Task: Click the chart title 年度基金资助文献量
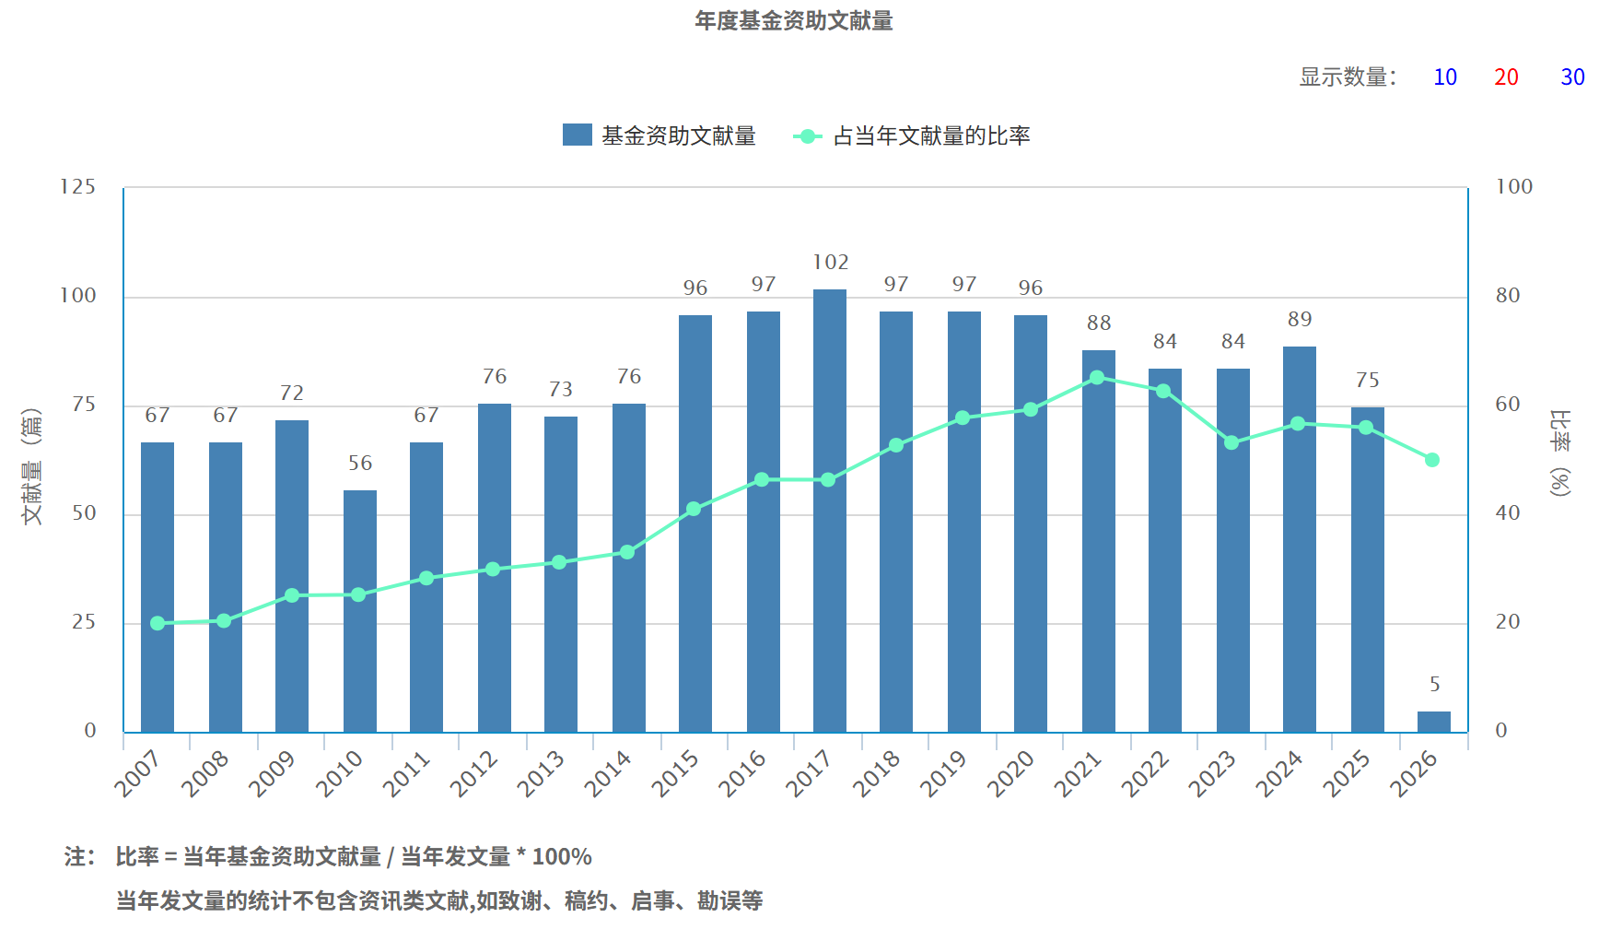[x=793, y=21]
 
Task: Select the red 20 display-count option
[x=1506, y=77]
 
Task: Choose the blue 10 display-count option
[x=1445, y=77]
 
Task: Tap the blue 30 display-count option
[x=1572, y=77]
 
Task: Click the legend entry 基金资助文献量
[x=659, y=136]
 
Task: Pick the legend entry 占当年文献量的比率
[x=912, y=136]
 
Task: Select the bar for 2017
[x=830, y=512]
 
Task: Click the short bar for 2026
[x=1433, y=722]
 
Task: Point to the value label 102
[x=830, y=263]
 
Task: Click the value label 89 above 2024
[x=1300, y=320]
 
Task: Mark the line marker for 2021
[x=1097, y=378]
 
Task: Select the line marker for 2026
[x=1431, y=460]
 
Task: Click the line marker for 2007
[x=158, y=624]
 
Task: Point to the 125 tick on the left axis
[x=78, y=187]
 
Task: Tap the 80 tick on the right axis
[x=1508, y=296]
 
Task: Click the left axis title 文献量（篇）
[x=32, y=465]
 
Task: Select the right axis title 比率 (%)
[x=1559, y=453]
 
